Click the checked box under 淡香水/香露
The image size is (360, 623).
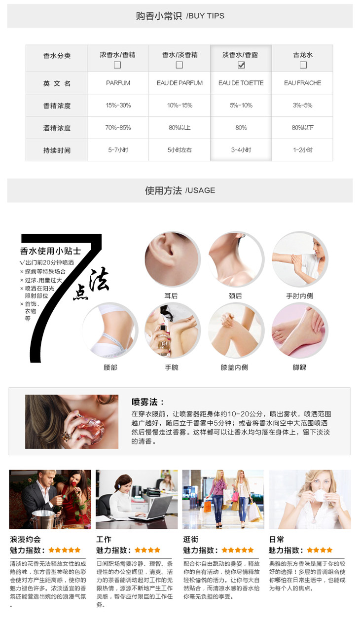241,65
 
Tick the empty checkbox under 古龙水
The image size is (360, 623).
303,65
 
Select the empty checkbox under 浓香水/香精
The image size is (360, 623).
117,65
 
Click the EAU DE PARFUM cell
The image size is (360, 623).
180,83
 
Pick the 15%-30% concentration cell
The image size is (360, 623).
118,105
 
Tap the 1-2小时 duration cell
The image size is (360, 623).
303,150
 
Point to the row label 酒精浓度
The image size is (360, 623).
57,128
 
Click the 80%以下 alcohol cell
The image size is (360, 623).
303,128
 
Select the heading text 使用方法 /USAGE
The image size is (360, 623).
180,190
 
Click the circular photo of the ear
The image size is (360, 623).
172,259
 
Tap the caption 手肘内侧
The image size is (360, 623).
300,295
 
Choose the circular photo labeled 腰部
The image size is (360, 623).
110,330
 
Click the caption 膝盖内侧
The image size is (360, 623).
234,367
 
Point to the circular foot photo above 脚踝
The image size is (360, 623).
300,330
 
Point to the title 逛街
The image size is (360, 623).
191,539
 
